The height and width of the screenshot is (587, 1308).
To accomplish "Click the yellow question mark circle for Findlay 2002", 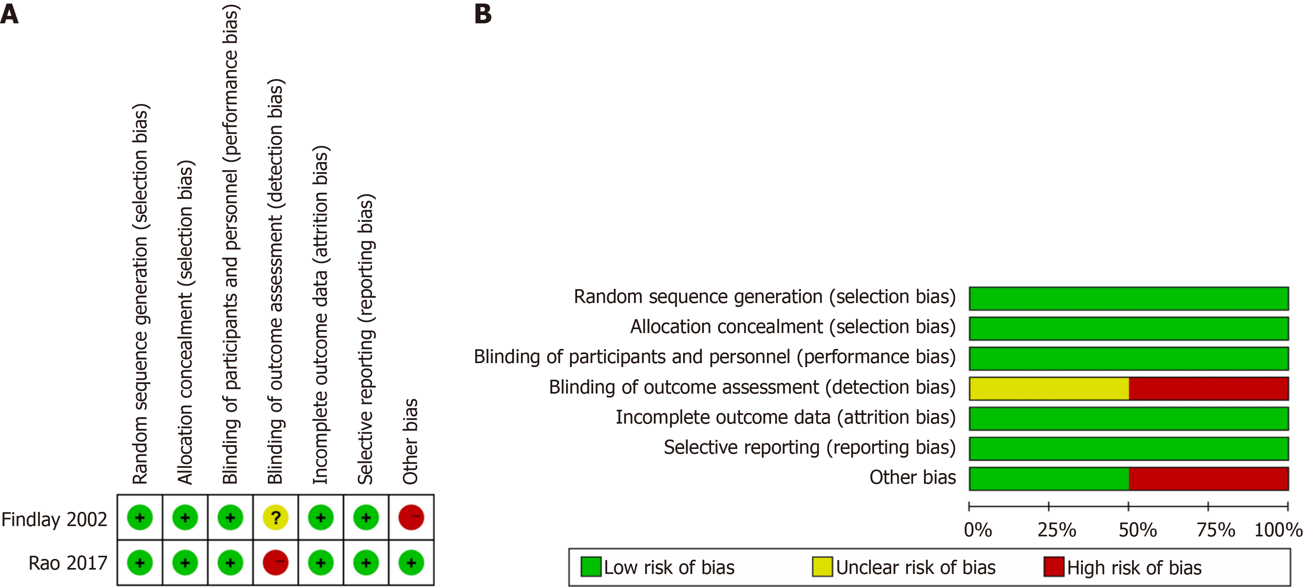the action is tap(276, 517).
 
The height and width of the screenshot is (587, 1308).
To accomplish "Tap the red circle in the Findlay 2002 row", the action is tap(411, 517).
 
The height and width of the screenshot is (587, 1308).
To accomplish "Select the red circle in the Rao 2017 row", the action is tap(276, 562).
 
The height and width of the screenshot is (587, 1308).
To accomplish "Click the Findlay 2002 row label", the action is tap(54, 519).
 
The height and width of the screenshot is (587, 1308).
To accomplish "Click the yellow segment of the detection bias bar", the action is tap(1049, 388).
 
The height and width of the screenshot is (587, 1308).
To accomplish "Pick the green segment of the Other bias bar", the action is tap(1049, 478).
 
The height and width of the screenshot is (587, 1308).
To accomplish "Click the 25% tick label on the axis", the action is tap(1057, 530).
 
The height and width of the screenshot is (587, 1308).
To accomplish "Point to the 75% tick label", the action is tap(1215, 530).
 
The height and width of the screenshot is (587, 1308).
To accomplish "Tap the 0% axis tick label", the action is tap(978, 530).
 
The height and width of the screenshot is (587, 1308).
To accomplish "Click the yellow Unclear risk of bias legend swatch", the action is tap(822, 567).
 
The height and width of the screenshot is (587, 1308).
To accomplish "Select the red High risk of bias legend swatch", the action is tap(1054, 567).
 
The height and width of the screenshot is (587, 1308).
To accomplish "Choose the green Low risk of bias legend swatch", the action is tap(591, 567).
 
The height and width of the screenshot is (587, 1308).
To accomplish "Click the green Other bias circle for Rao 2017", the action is tap(411, 562).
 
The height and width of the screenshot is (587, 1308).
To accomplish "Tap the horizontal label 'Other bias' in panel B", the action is tap(912, 477).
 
